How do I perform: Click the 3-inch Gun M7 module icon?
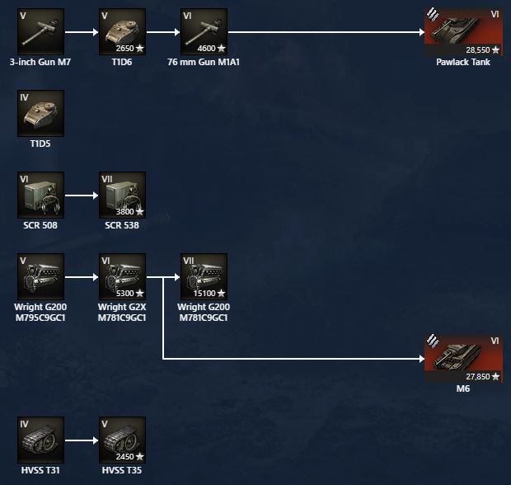tap(40, 32)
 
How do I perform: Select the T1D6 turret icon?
tap(122, 32)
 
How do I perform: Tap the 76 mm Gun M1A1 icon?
tap(204, 32)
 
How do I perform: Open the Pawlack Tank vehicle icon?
tap(462, 32)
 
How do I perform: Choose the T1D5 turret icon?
tap(40, 113)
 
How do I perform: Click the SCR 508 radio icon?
tap(40, 195)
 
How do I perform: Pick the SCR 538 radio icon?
tap(122, 195)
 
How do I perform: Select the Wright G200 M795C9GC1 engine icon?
tap(40, 277)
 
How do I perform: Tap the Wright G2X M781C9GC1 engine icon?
tap(122, 277)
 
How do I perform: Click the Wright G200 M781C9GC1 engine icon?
tap(204, 277)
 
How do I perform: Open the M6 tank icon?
tap(462, 358)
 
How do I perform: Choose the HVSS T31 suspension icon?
tap(40, 440)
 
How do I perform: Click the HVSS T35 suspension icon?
tap(122, 440)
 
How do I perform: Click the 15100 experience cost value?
tap(205, 293)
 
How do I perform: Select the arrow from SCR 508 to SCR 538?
tap(81, 195)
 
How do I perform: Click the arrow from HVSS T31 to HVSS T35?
tap(81, 440)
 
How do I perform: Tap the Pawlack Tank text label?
tap(462, 62)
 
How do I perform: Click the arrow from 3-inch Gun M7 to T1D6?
tap(81, 32)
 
